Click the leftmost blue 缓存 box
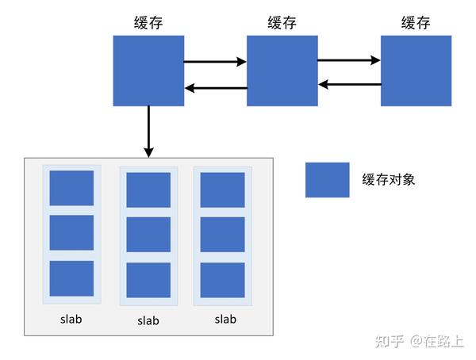148,71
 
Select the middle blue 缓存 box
282,71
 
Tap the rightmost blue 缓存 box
416,71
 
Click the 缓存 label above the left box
148,22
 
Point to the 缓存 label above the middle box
282,22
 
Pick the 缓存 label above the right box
416,22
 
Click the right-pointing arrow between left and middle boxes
215,60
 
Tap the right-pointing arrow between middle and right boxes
349,59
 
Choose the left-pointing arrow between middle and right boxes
349,84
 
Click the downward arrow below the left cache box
148,131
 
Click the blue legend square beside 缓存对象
327,180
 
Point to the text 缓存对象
388,180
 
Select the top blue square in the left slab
71,188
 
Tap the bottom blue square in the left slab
71,279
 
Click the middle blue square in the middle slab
148,235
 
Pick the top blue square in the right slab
222,190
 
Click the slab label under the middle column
148,321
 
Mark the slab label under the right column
225,320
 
